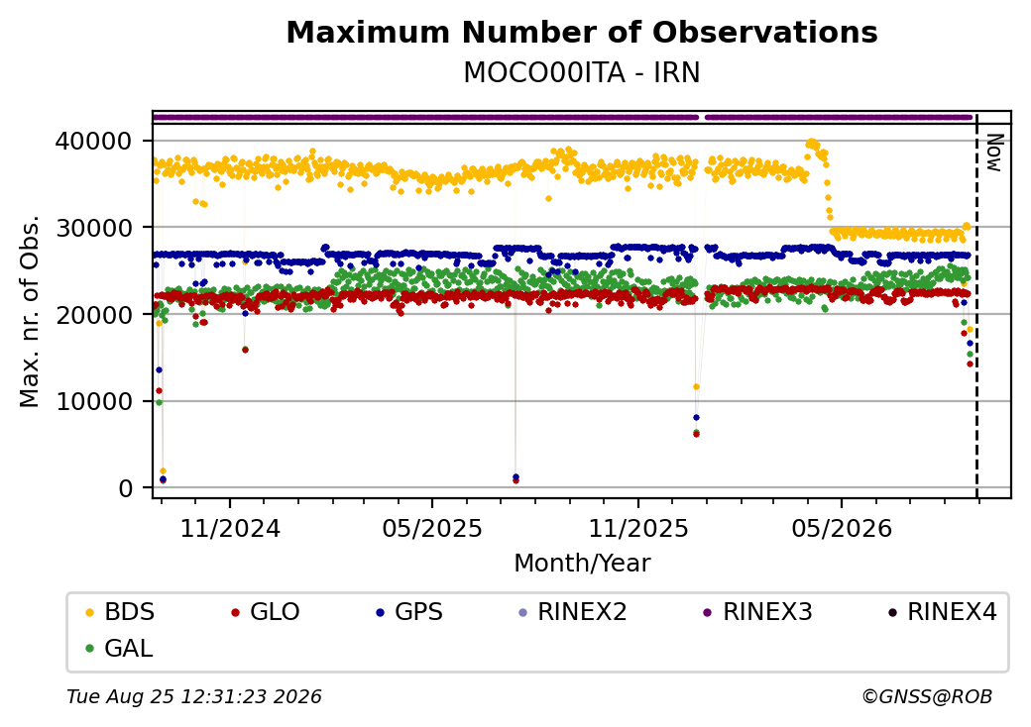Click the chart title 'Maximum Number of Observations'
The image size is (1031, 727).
(582, 32)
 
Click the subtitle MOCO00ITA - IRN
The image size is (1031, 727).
(582, 72)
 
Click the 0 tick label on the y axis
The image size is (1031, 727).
(125, 488)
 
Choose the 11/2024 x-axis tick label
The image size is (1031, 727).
(230, 528)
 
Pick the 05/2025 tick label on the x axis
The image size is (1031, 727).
(432, 528)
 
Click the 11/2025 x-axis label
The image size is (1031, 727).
(637, 528)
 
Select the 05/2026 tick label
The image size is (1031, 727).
(842, 528)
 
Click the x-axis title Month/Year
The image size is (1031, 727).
(582, 563)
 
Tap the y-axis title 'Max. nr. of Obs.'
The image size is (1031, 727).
(30, 311)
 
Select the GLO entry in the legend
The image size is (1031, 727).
(266, 612)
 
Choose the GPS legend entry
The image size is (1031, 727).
(409, 612)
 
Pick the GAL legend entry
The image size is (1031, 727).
(120, 648)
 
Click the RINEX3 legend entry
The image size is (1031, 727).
(758, 612)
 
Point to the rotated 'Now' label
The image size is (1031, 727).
(995, 153)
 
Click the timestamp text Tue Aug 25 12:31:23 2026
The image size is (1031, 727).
(194, 696)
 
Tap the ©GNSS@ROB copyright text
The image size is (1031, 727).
(927, 696)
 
